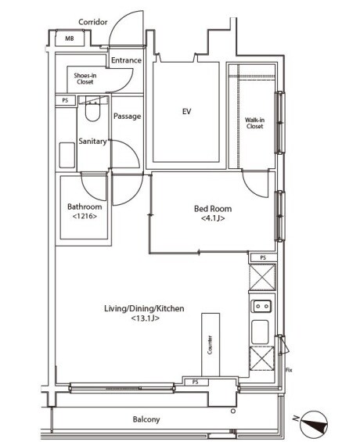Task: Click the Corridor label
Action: (93, 22)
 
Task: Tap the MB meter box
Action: (70, 38)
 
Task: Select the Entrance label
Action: (126, 60)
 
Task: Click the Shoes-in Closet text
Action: (85, 79)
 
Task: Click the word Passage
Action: (127, 116)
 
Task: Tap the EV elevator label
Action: (186, 111)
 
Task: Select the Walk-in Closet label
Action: (254, 123)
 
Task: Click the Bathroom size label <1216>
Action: (85, 216)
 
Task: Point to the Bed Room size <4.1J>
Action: (213, 218)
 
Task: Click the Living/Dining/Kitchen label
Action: (144, 308)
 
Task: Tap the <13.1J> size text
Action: (146, 318)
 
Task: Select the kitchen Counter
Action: (211, 344)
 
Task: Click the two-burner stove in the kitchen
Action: (262, 306)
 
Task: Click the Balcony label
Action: (146, 419)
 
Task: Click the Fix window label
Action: (289, 370)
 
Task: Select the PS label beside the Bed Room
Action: (263, 257)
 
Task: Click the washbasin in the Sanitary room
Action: (67, 156)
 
